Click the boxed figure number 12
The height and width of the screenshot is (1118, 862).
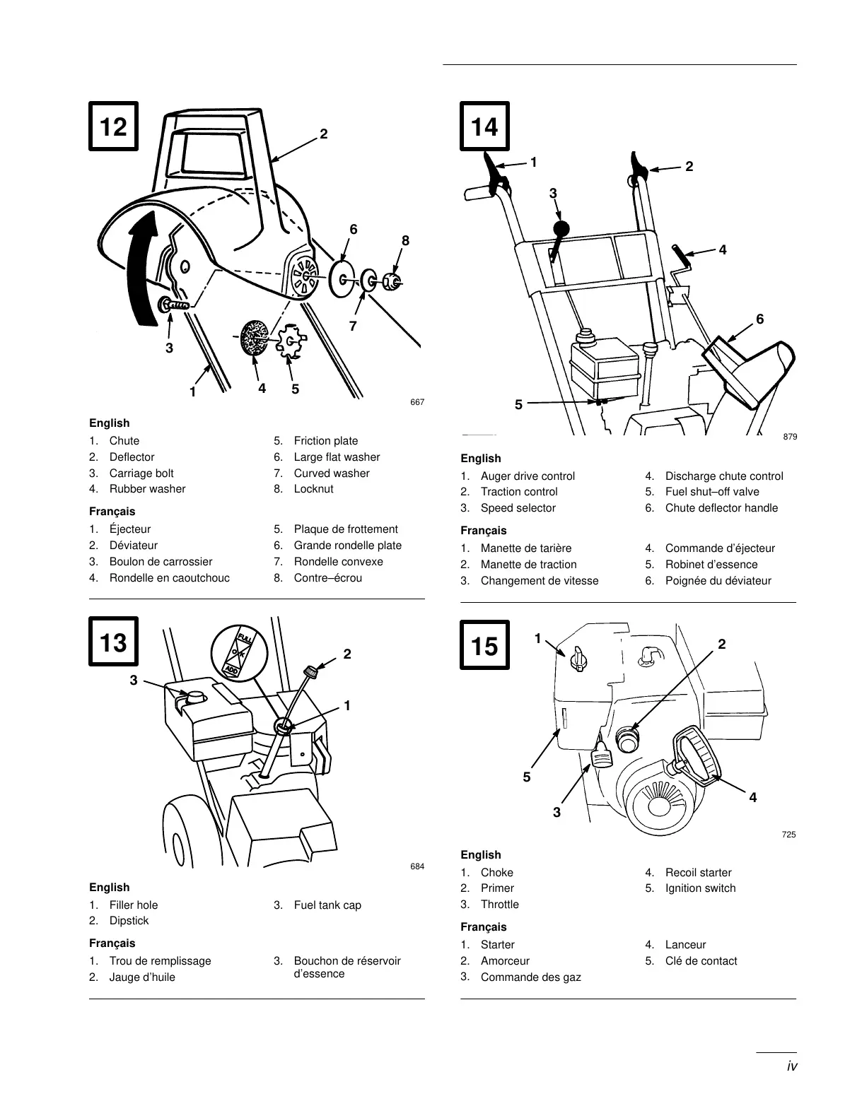click(113, 126)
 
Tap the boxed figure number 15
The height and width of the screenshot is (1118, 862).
click(484, 645)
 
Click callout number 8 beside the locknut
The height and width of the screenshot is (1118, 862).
click(405, 240)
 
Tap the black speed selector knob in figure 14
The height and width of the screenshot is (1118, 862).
click(561, 229)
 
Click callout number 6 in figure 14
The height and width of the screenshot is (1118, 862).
click(759, 319)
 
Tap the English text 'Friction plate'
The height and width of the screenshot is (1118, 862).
click(326, 441)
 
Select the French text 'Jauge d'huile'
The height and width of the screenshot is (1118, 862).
click(142, 977)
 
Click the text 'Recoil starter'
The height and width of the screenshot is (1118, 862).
click(698, 873)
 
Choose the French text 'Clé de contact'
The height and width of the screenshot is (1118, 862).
click(701, 961)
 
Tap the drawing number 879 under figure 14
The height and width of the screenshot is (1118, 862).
click(790, 437)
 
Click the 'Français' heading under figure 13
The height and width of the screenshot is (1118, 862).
click(112, 943)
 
